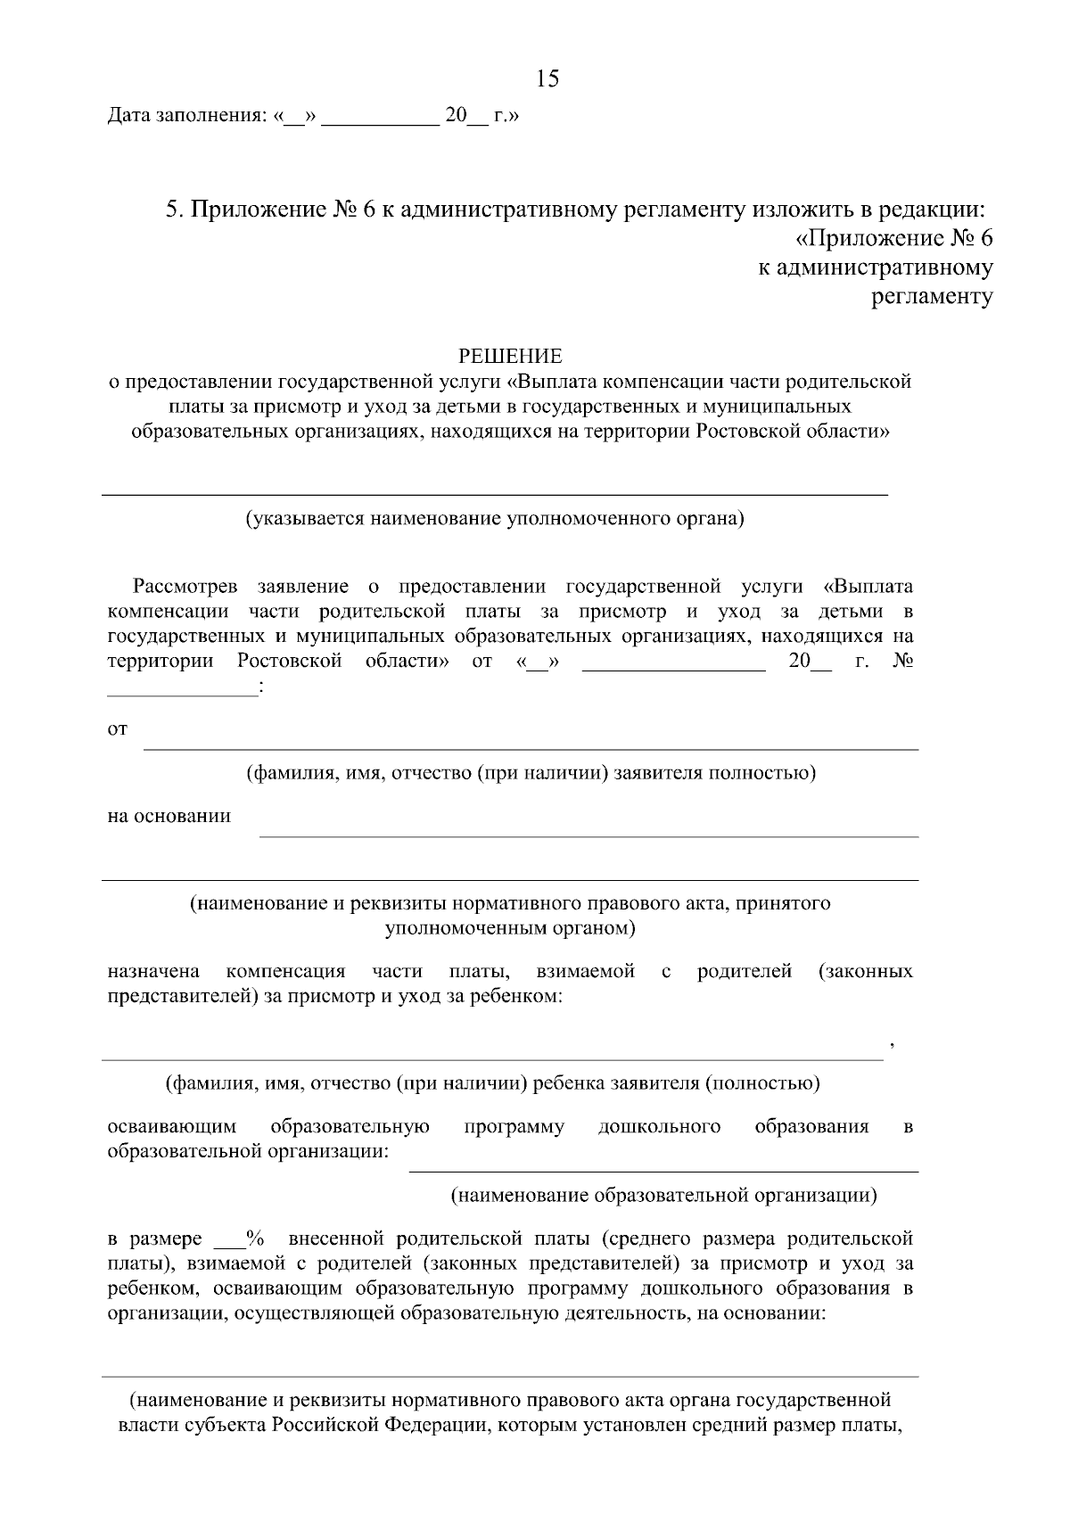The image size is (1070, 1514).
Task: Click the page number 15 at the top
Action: (547, 79)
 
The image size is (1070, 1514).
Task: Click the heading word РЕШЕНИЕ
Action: (510, 357)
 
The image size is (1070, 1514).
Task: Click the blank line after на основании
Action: (588, 835)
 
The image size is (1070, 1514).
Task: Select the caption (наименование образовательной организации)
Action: (663, 1195)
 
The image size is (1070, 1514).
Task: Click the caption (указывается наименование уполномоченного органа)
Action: (495, 518)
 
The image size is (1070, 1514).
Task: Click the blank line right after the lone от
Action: (531, 749)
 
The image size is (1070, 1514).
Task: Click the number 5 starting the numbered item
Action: (173, 210)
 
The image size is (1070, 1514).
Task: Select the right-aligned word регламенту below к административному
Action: (931, 297)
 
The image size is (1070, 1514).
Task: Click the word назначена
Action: (152, 971)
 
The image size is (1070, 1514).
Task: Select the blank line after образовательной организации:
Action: (663, 1170)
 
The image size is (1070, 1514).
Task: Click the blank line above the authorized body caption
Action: (495, 493)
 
